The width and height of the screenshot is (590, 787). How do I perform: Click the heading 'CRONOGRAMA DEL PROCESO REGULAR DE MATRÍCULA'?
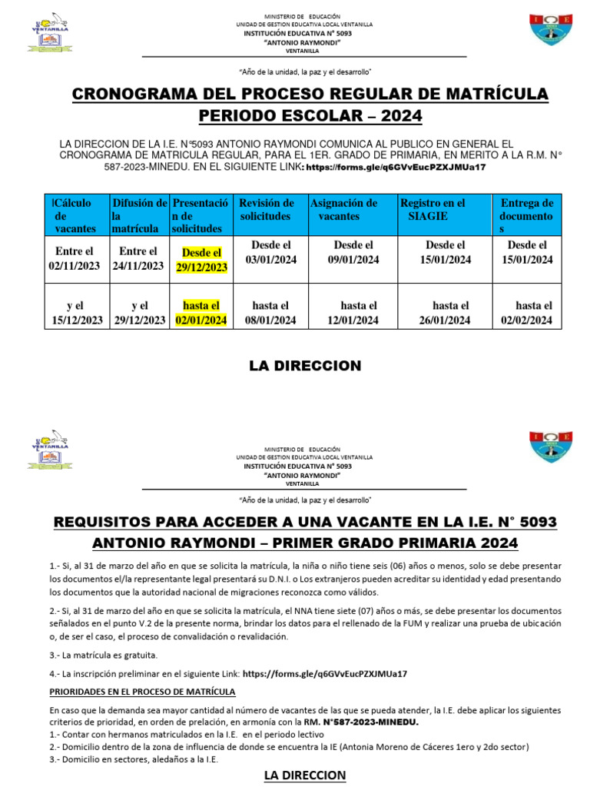310,95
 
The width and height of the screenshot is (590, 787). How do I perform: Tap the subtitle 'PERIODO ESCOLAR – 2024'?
310,116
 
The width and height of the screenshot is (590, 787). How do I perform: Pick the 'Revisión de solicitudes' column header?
267,210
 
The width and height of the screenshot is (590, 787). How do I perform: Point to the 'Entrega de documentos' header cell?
526,216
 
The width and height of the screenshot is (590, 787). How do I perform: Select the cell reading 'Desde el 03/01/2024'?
270,252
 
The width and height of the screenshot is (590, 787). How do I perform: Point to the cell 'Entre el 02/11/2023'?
75,258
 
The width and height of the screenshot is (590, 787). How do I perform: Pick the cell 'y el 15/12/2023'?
75,312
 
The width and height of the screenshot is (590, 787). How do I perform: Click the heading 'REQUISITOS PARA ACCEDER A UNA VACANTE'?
305,523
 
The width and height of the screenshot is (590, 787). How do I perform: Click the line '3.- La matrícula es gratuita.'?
104,656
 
